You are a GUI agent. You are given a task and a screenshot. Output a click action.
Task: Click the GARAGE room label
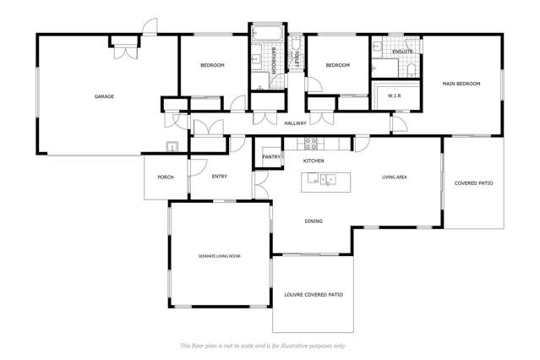(x=104, y=96)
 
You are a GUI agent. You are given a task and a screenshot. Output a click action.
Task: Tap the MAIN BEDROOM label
(x=461, y=84)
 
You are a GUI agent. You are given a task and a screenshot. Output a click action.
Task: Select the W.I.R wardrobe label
(x=394, y=96)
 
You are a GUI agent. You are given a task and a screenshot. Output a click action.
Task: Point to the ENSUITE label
(x=402, y=52)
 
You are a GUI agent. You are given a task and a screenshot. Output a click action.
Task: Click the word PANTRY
(x=271, y=157)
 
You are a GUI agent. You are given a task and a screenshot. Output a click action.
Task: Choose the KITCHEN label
(x=314, y=160)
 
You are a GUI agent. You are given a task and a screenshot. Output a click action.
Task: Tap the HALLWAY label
(x=295, y=123)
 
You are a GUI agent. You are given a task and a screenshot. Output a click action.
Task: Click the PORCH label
(x=165, y=177)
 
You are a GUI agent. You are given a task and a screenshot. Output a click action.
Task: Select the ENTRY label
(x=219, y=176)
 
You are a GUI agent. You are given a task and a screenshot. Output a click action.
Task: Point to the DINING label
(x=314, y=221)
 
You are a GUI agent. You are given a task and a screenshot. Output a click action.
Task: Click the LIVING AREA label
(x=395, y=177)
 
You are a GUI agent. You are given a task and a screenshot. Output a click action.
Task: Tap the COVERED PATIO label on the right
(x=473, y=183)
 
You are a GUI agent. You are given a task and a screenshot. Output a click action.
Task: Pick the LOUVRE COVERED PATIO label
(x=313, y=294)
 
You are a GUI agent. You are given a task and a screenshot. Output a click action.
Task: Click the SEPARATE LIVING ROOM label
(x=220, y=254)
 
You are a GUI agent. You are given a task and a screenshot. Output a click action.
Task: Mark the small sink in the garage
(x=172, y=147)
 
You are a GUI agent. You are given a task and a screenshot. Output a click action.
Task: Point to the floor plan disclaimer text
(x=263, y=346)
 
